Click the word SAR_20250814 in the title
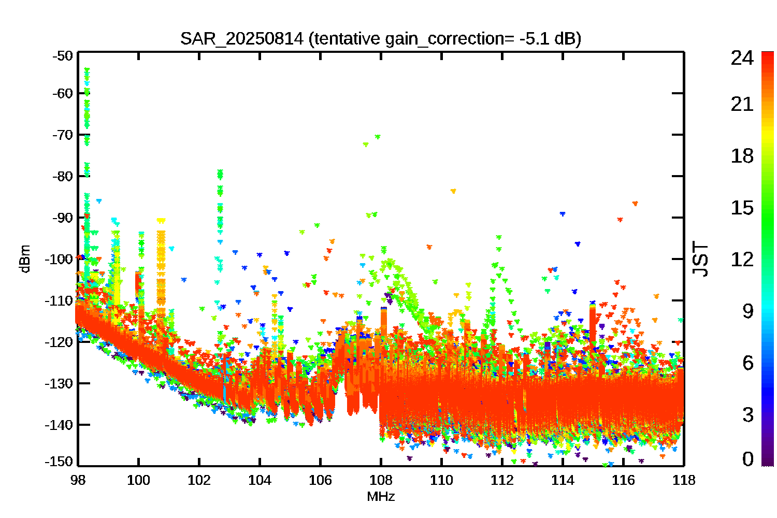(242, 39)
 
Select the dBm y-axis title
(25, 259)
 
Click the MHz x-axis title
(381, 496)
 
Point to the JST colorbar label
(700, 259)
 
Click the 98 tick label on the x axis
(78, 480)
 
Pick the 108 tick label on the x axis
(381, 480)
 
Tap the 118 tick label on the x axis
(684, 480)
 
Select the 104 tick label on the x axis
(260, 480)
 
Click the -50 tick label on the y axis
(63, 56)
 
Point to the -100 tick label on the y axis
(59, 259)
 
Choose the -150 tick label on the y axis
(59, 462)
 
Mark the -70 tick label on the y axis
(63, 135)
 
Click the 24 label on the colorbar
(742, 57)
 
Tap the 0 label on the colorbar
(748, 458)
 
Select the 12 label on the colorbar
(742, 259)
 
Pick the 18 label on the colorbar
(742, 156)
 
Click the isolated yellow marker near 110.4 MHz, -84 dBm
(453, 191)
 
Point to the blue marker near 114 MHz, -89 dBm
(563, 214)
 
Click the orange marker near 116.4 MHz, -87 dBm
(635, 204)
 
